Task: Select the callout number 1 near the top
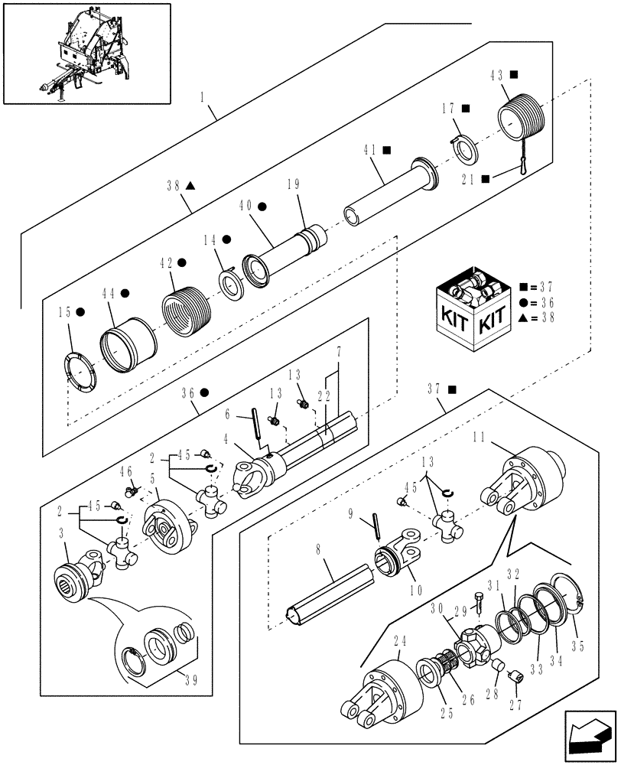(203, 99)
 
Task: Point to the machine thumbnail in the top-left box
(86, 54)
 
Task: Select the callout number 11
(480, 437)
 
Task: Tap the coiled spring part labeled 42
(184, 310)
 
